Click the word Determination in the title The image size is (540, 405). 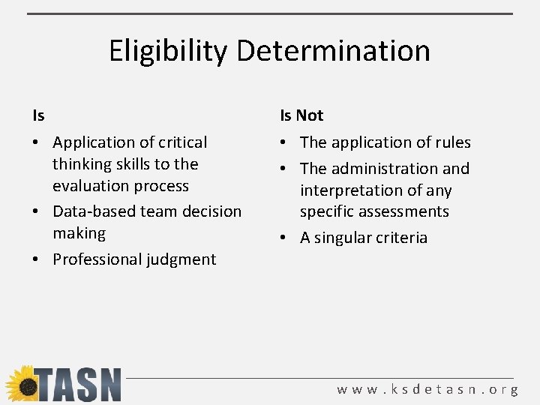click(x=333, y=51)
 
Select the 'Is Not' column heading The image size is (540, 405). click(x=301, y=115)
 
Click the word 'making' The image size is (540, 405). click(x=79, y=233)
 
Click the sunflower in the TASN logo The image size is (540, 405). click(x=22, y=384)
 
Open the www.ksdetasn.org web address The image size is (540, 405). click(x=427, y=390)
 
